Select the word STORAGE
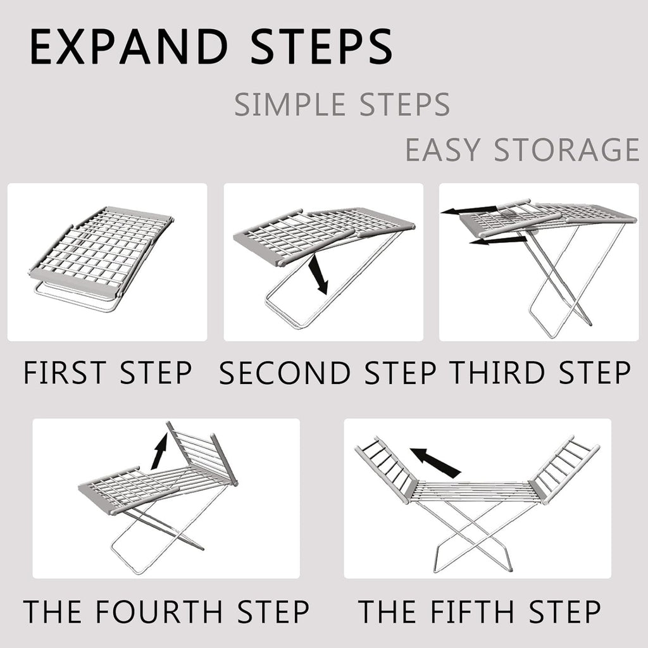(567, 151)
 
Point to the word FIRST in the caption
(64, 373)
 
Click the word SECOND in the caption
(284, 373)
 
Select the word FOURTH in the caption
(158, 612)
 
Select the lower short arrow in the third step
(497, 240)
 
